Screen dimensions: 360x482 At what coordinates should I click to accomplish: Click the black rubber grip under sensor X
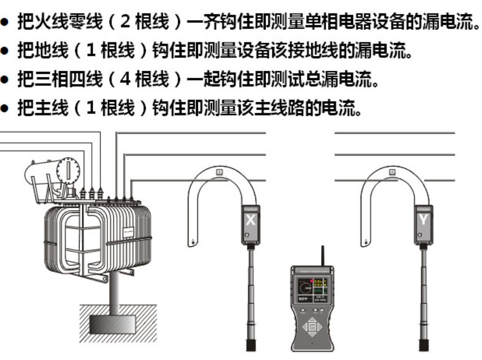[x=251, y=344]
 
